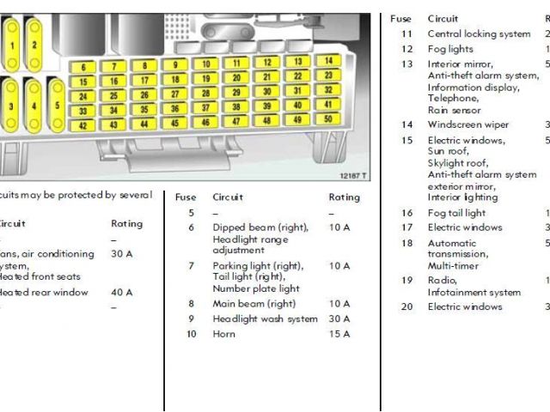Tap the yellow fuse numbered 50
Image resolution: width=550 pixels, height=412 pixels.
tap(327, 119)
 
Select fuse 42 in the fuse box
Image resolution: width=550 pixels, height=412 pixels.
tap(82, 125)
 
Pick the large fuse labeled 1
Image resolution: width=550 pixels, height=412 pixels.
tap(13, 43)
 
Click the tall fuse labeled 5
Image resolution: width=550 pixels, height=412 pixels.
tap(56, 106)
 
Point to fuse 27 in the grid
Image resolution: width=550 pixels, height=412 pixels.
tap(175, 94)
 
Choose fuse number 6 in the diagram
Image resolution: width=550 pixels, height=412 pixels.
tap(82, 67)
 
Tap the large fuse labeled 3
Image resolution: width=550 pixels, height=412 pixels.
tap(11, 106)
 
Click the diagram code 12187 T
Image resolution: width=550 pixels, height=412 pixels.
tap(352, 177)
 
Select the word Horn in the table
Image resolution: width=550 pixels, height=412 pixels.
tap(223, 334)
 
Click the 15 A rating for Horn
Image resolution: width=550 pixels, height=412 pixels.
tap(339, 334)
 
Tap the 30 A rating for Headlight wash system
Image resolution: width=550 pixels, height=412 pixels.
tap(339, 319)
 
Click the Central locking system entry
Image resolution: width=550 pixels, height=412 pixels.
tap(479, 34)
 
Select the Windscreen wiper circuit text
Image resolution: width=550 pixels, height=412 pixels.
tap(468, 124)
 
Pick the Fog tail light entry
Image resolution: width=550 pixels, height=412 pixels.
tap(456, 213)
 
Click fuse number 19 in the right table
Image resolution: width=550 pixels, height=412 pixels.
tap(407, 281)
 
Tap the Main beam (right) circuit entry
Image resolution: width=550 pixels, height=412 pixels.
tap(254, 304)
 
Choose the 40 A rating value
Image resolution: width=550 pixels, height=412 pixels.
tap(122, 293)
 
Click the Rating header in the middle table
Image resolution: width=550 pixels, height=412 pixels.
tap(345, 197)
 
